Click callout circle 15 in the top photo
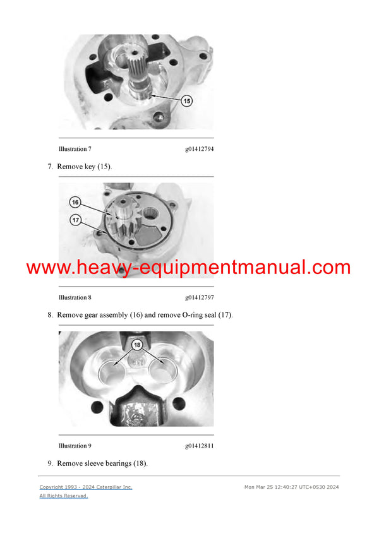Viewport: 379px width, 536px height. (x=187, y=100)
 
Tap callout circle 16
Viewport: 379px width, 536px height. (x=75, y=203)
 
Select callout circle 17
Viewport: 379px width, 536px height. (x=75, y=220)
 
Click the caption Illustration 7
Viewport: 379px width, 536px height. (x=75, y=149)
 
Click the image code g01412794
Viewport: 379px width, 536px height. (x=199, y=149)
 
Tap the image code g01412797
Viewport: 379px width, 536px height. (x=199, y=297)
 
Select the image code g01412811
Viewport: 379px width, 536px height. (x=199, y=446)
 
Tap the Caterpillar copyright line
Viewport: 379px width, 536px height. (x=86, y=487)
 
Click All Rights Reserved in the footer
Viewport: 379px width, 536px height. (x=63, y=496)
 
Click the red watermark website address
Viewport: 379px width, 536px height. (x=188, y=268)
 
